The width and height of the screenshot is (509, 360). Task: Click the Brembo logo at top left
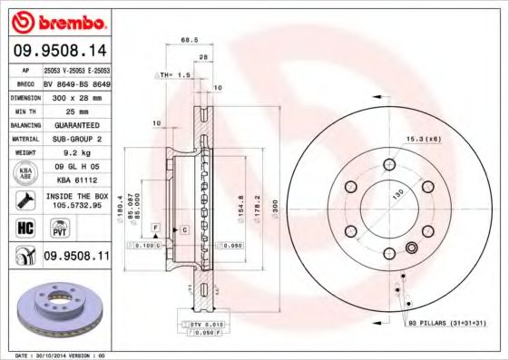pos(58,20)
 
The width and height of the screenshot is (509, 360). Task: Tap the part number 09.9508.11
pos(77,258)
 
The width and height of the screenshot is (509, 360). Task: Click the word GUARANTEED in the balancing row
pos(71,124)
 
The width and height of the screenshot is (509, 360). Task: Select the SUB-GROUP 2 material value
pos(71,139)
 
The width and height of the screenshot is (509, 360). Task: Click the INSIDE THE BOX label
pos(76,196)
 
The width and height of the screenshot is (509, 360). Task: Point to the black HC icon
pos(24,227)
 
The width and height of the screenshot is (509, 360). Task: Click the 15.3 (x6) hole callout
pos(422,138)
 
